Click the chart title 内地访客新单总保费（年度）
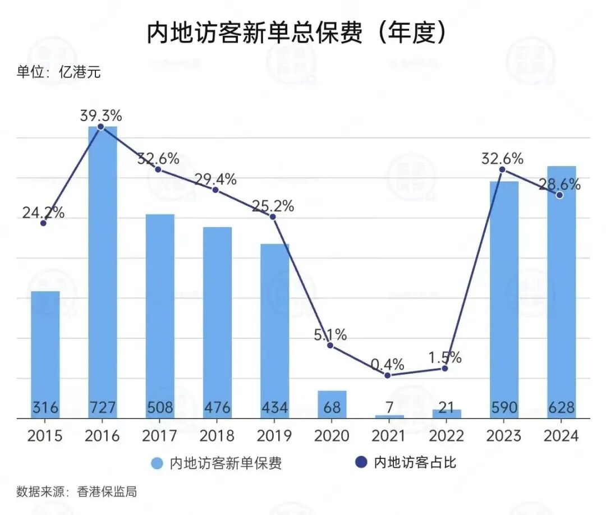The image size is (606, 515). click(298, 34)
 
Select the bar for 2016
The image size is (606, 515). click(103, 269)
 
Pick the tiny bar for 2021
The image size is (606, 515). click(389, 416)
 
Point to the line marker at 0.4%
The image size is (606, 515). click(388, 375)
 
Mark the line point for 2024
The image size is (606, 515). click(559, 195)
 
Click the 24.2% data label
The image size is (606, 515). click(43, 213)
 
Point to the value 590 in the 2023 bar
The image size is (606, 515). click(503, 407)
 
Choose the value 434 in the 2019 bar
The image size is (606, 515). click(274, 407)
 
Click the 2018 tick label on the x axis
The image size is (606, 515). click(217, 436)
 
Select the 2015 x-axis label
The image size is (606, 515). click(45, 436)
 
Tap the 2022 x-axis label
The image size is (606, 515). click(446, 436)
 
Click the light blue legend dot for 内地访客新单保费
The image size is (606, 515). click(158, 463)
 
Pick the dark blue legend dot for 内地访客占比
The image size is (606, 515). click(362, 463)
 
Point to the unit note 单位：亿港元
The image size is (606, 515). click(58, 72)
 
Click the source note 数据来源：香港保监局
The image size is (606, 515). click(77, 492)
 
